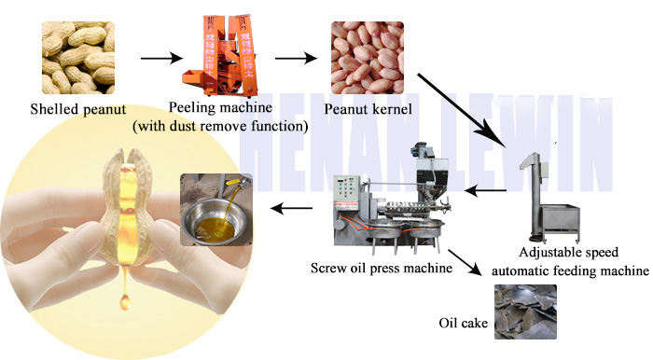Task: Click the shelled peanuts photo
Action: [x=78, y=58]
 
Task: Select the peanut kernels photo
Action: [x=368, y=58]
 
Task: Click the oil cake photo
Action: [x=525, y=312]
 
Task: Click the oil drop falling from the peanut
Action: [x=124, y=302]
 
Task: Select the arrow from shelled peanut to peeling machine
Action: [x=161, y=58]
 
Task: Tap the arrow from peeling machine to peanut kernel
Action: [x=296, y=58]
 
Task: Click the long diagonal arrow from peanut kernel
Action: [x=462, y=111]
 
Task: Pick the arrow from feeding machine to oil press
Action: [x=485, y=191]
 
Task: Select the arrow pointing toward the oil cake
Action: [x=465, y=263]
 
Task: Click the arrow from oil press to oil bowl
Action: [x=291, y=208]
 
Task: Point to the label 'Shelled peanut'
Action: [x=77, y=109]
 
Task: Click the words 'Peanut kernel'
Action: [x=368, y=109]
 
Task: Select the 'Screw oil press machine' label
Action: [x=382, y=268]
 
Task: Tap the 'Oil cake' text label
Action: [x=463, y=323]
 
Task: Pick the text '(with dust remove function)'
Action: [x=220, y=126]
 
